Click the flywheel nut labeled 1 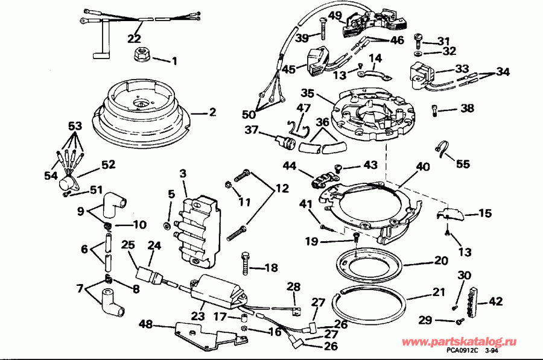[x=141, y=55]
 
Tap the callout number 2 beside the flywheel [x=212, y=112]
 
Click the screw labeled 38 [x=436, y=110]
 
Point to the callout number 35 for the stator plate [x=308, y=93]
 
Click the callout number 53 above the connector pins [x=74, y=126]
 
